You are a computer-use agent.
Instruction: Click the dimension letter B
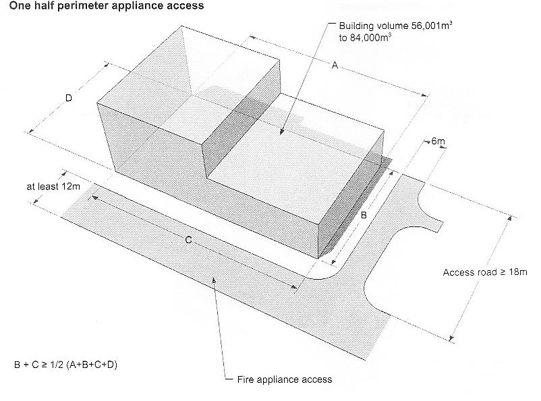362,216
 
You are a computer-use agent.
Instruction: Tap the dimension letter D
68,98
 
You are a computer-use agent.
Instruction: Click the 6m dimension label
438,142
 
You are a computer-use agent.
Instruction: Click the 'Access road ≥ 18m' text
484,273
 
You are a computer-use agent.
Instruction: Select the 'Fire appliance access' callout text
285,379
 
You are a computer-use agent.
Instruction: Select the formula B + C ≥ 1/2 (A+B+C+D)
67,364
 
